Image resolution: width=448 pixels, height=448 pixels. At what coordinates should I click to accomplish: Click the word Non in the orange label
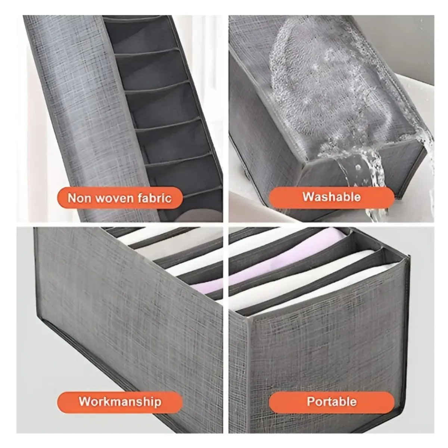point(79,198)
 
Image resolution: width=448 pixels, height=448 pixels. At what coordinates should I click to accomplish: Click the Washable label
point(332,197)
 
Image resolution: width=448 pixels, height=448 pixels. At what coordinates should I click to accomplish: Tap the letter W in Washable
point(308,197)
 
